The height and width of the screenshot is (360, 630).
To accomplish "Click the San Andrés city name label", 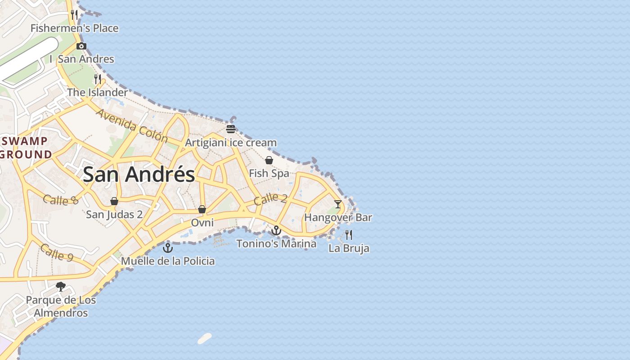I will coord(139,174).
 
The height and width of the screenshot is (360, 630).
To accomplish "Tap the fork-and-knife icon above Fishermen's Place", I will coord(74,14).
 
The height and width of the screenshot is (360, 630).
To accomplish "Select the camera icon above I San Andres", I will coord(81,46).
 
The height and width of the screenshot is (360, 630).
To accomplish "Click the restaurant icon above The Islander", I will coord(98,79).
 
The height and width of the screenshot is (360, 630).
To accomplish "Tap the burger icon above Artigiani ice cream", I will coord(231,130).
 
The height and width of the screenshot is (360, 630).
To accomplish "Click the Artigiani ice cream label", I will coord(231,143).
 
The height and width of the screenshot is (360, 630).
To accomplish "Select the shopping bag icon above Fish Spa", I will coord(269,160).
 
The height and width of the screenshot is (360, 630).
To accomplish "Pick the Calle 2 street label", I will coord(270,198).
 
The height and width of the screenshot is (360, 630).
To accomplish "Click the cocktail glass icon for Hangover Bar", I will coord(338,204).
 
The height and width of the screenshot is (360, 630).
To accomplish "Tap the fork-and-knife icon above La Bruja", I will coord(349,234).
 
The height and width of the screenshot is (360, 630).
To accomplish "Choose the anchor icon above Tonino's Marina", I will coord(276,230).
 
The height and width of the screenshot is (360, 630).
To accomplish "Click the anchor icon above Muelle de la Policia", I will coord(168,247).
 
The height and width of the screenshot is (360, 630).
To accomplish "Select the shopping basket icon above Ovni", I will coord(202,209).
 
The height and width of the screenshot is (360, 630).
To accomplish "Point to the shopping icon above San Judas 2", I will coord(114,201).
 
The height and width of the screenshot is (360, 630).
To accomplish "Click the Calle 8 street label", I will coord(61,200).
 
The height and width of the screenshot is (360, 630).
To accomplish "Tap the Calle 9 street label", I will coord(57,252).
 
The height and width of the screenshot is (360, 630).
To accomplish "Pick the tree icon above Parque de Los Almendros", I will coord(61,287).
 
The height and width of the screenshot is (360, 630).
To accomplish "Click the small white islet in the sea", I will coord(205,338).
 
